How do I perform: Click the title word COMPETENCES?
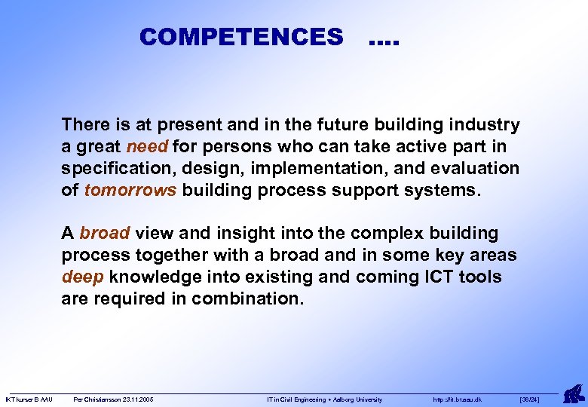click(240, 37)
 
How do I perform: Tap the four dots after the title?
click(384, 39)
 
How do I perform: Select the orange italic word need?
click(147, 146)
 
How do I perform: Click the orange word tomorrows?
click(130, 190)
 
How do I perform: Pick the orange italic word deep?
click(83, 277)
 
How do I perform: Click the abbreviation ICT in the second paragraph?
click(423, 277)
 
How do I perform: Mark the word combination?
click(247, 299)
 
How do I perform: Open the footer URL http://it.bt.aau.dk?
click(458, 399)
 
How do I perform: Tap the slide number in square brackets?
click(530, 399)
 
